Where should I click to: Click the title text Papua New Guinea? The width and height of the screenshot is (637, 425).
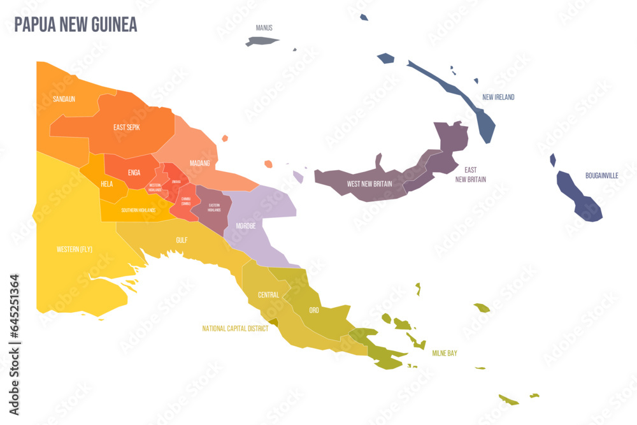pyautogui.click(x=75, y=25)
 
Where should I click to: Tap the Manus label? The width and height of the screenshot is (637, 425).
pyautogui.click(x=264, y=28)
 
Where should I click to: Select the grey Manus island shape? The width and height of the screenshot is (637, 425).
pyautogui.click(x=261, y=41)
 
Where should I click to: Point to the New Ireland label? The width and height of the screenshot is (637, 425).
pyautogui.click(x=498, y=97)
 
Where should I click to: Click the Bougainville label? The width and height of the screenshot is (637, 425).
pyautogui.click(x=601, y=175)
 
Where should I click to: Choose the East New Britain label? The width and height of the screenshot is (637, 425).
pyautogui.click(x=471, y=175)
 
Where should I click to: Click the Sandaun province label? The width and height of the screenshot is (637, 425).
pyautogui.click(x=64, y=99)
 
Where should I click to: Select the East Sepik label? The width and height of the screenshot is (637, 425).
pyautogui.click(x=127, y=127)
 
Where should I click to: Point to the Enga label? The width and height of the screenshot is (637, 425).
pyautogui.click(x=134, y=173)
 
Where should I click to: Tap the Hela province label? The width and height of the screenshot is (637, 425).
pyautogui.click(x=106, y=184)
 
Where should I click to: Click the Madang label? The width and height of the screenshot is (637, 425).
pyautogui.click(x=199, y=163)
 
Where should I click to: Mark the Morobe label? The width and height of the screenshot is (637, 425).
pyautogui.click(x=246, y=226)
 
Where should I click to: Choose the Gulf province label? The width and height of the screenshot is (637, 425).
pyautogui.click(x=182, y=240)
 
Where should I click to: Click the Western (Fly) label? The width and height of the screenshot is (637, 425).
pyautogui.click(x=75, y=249)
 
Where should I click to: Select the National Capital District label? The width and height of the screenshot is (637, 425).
pyautogui.click(x=235, y=329)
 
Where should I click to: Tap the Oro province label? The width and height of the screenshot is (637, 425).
pyautogui.click(x=314, y=310)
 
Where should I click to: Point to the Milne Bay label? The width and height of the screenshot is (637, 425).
pyautogui.click(x=445, y=353)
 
